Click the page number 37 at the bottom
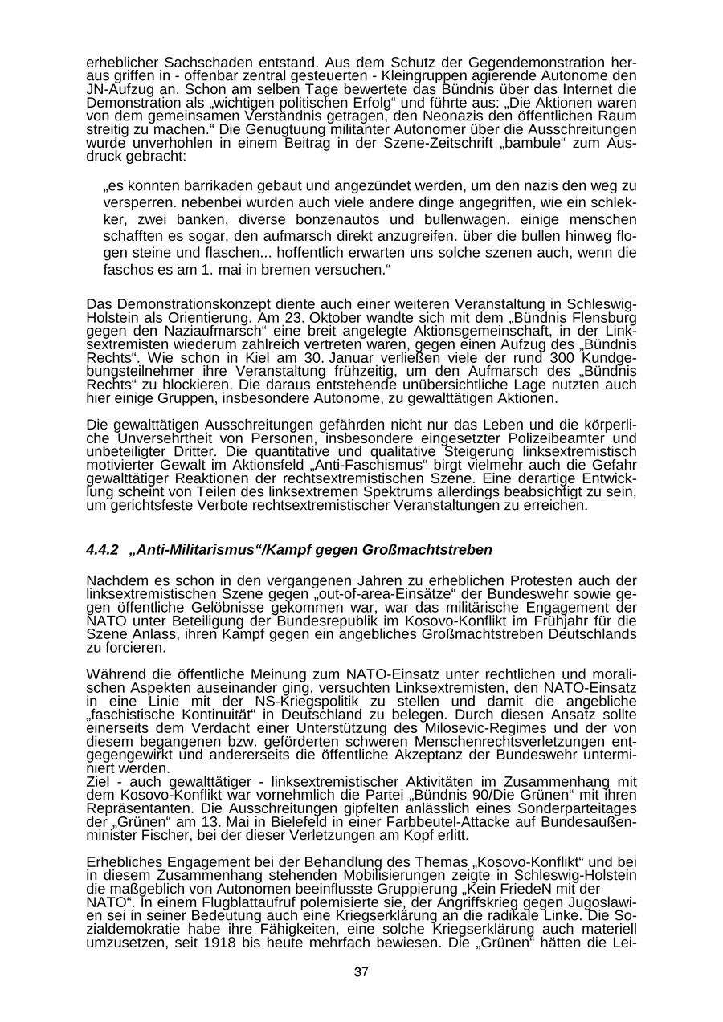[361, 971]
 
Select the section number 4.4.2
[102, 550]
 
